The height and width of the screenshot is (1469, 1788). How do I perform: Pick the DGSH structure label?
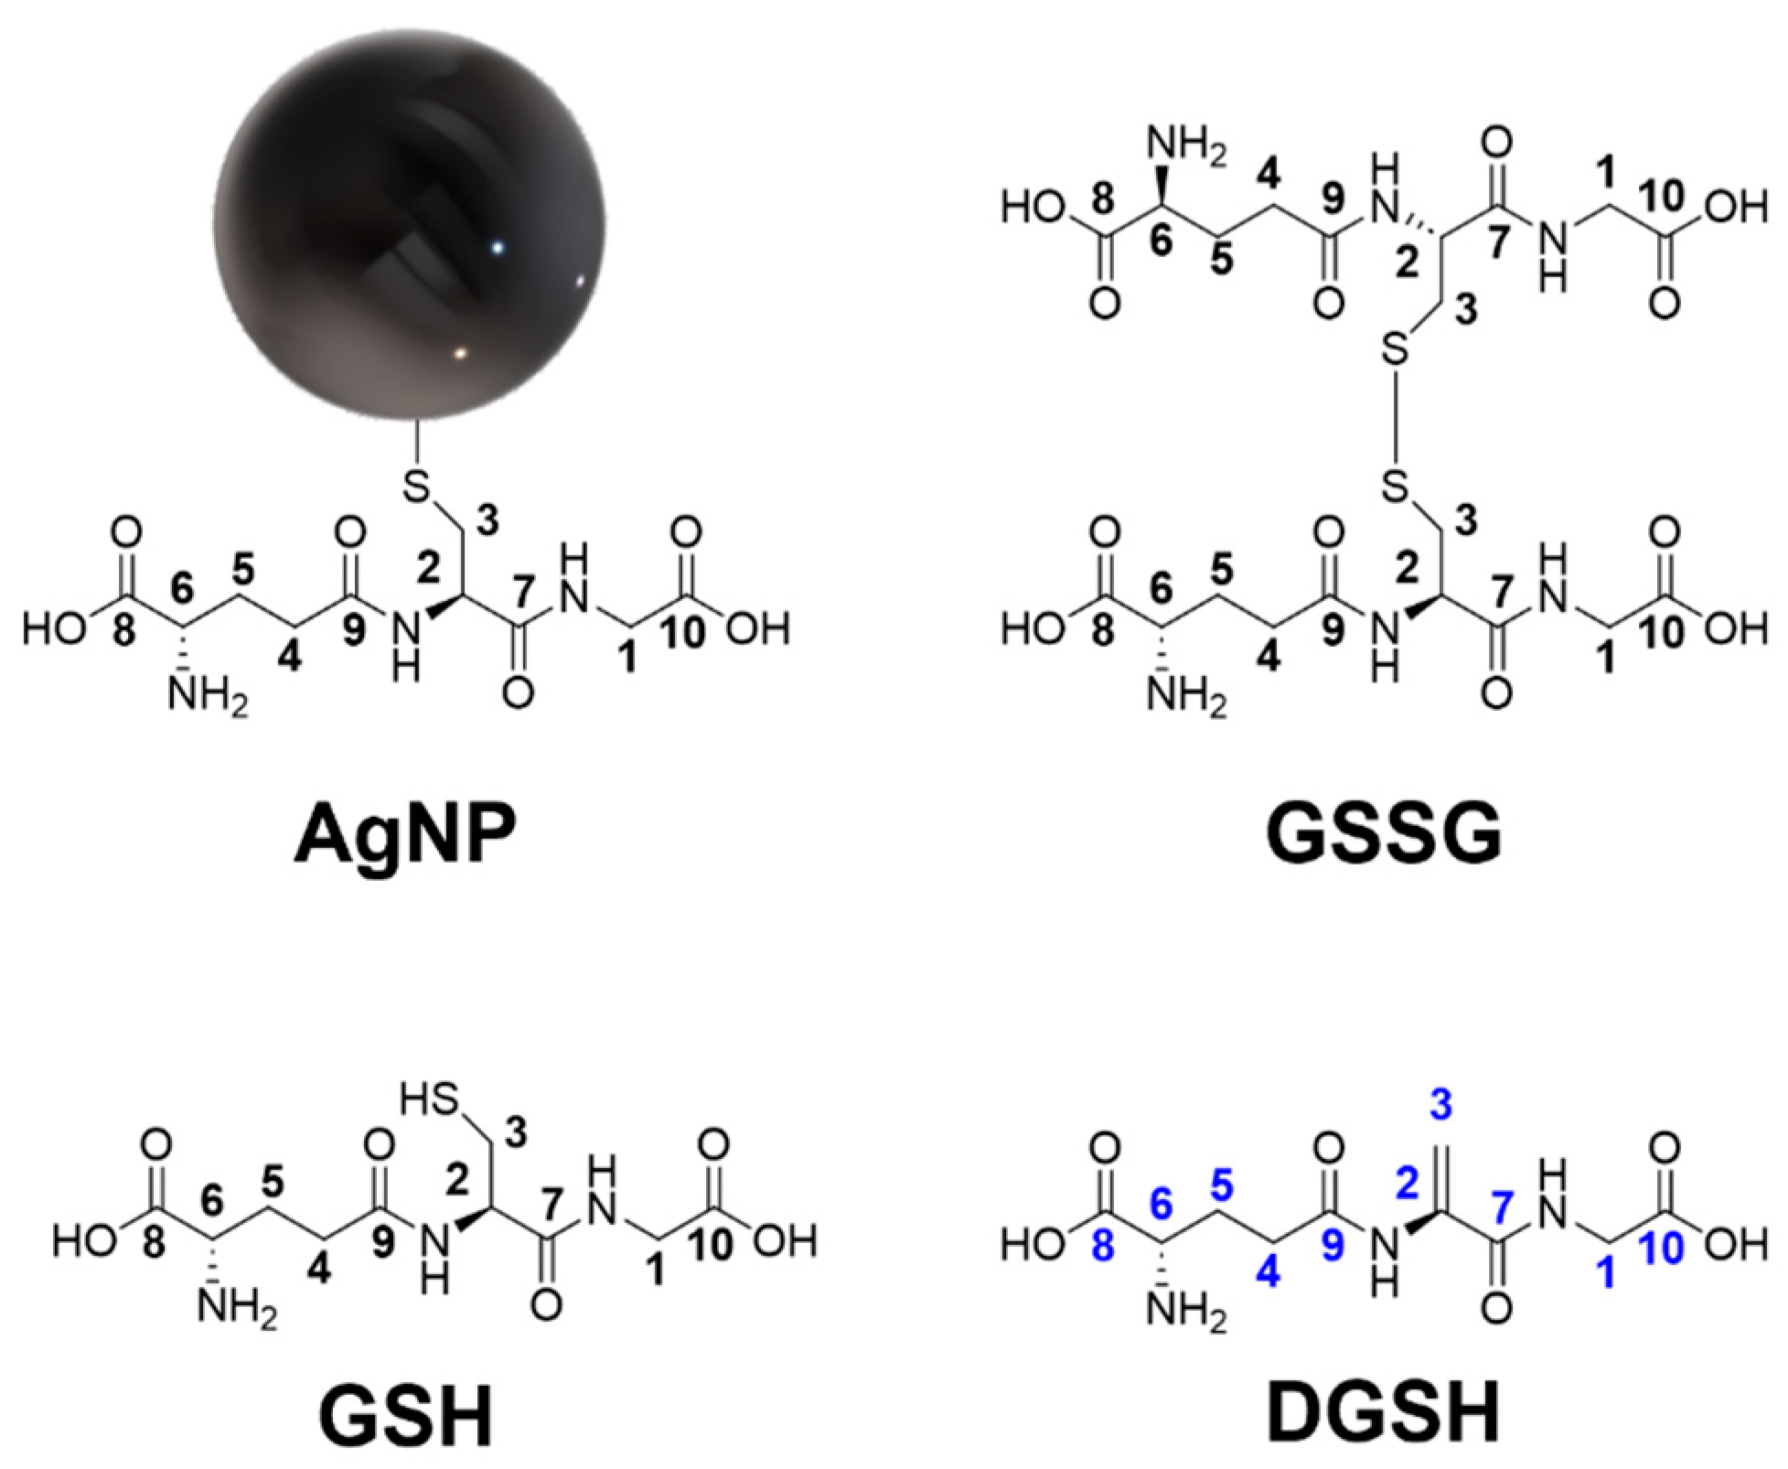[x=1384, y=1412]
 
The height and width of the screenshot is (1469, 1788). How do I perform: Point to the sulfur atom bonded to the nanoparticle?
[x=417, y=488]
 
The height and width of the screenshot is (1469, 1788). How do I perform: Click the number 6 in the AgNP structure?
[x=183, y=592]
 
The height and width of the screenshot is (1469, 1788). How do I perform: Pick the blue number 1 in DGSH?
[x=1606, y=1274]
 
